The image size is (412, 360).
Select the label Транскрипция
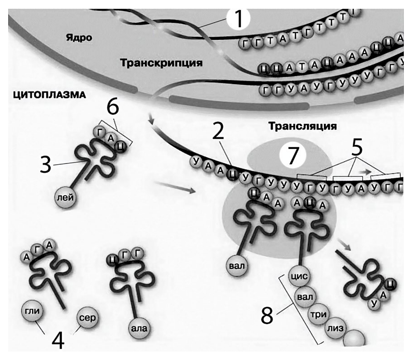[x=161, y=63]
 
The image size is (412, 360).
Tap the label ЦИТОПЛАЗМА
[x=50, y=95]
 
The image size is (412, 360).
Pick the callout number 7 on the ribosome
[x=293, y=155]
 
